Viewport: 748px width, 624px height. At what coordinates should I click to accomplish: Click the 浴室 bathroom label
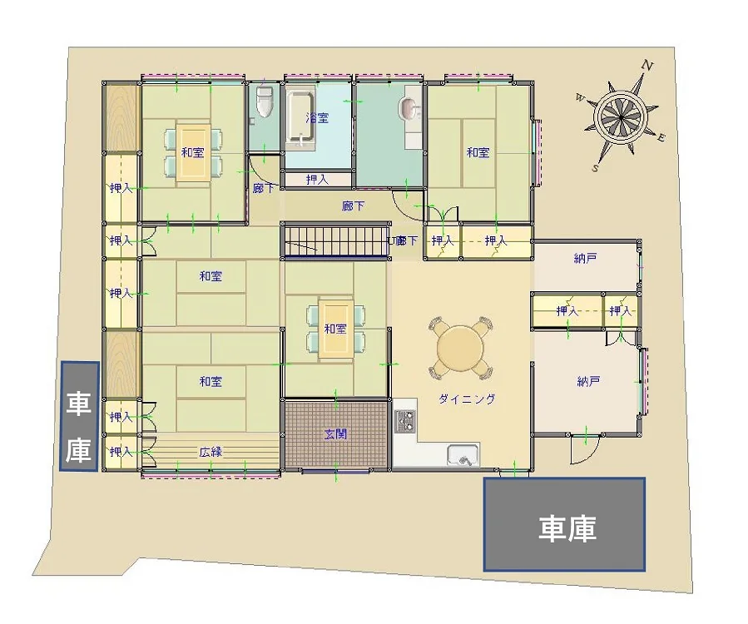(317, 116)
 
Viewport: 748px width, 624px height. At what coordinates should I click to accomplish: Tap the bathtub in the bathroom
(300, 118)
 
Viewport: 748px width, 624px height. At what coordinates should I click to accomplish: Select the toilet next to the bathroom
(264, 102)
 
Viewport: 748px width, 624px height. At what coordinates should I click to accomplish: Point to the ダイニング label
(467, 399)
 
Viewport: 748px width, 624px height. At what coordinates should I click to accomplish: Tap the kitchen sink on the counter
(463, 454)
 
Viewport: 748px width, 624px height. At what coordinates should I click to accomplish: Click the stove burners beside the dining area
(405, 420)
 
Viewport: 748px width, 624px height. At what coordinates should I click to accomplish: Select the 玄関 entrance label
(335, 434)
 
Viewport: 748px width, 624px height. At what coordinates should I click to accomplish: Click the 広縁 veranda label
(211, 451)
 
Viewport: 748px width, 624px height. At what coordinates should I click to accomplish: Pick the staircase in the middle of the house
(335, 241)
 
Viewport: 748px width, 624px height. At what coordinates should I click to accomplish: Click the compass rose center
(621, 116)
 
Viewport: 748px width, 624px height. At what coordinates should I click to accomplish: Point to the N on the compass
(646, 65)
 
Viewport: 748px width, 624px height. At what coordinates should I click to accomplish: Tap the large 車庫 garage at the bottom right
(565, 524)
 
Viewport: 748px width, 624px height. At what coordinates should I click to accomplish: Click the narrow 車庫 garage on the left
(80, 416)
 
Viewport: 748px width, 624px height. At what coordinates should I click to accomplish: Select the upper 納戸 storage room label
(586, 258)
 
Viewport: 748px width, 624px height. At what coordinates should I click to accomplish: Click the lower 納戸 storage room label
(588, 381)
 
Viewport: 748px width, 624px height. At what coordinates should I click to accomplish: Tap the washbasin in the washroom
(409, 108)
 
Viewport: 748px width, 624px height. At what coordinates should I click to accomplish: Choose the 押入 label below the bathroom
(317, 180)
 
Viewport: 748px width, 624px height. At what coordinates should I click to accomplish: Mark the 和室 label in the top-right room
(478, 152)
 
